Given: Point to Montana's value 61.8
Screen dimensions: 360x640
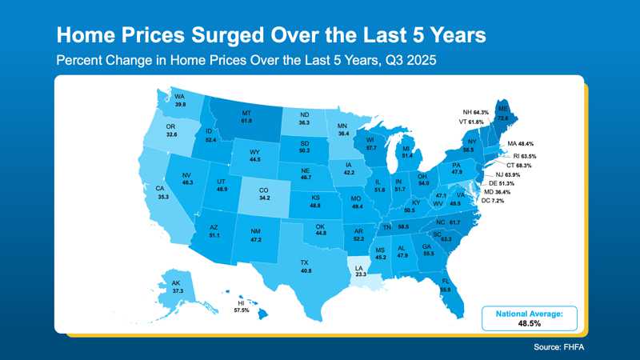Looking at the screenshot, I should (246, 121).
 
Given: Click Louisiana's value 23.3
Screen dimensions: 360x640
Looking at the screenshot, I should (360, 274).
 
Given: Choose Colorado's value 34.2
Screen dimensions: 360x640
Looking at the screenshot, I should (266, 198).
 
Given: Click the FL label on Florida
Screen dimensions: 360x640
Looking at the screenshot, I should (446, 281).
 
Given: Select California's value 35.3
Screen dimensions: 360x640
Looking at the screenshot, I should (162, 196).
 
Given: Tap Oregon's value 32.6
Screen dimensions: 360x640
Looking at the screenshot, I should (171, 135).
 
